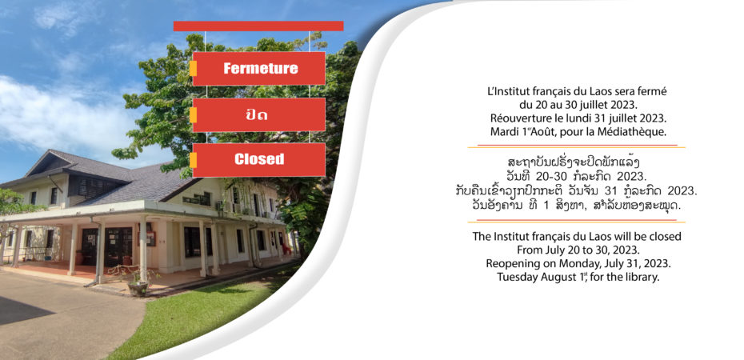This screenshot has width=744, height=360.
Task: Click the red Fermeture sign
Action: coord(258,68)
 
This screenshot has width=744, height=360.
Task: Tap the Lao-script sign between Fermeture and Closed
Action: coord(258,114)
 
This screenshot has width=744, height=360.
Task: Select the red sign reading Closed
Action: coord(258,159)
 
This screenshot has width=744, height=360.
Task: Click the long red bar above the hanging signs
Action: coord(258,26)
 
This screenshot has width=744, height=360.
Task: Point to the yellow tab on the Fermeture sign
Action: coord(193,68)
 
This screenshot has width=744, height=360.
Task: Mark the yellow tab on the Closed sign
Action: coord(193,160)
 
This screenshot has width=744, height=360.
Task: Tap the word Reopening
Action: coord(510,263)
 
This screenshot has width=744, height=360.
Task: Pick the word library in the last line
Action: coord(644,277)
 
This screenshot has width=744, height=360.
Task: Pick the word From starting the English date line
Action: coord(530,250)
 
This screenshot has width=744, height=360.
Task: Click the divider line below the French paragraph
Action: coord(577,146)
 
